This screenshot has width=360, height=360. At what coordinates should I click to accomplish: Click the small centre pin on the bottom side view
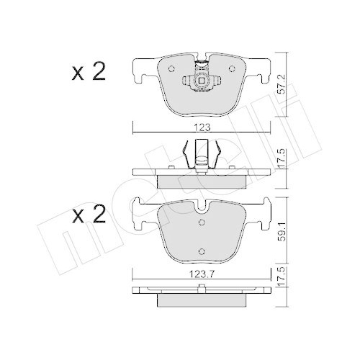pos(202,289)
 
